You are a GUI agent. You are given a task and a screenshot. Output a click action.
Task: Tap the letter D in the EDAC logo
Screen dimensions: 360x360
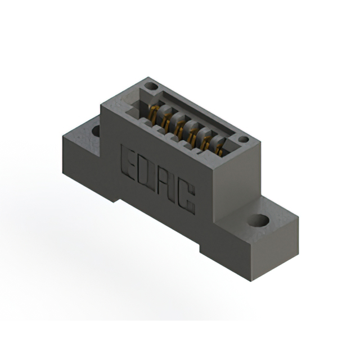tap(146, 172)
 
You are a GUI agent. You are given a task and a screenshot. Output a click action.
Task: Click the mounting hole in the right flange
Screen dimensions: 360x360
tap(258, 220)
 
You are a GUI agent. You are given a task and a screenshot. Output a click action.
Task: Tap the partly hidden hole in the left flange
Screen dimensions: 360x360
tap(96, 131)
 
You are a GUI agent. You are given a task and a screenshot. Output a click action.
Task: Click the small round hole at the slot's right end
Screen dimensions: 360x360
tap(243, 139)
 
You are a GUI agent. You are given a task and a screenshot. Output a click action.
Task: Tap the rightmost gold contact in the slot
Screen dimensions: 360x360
tap(218, 149)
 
